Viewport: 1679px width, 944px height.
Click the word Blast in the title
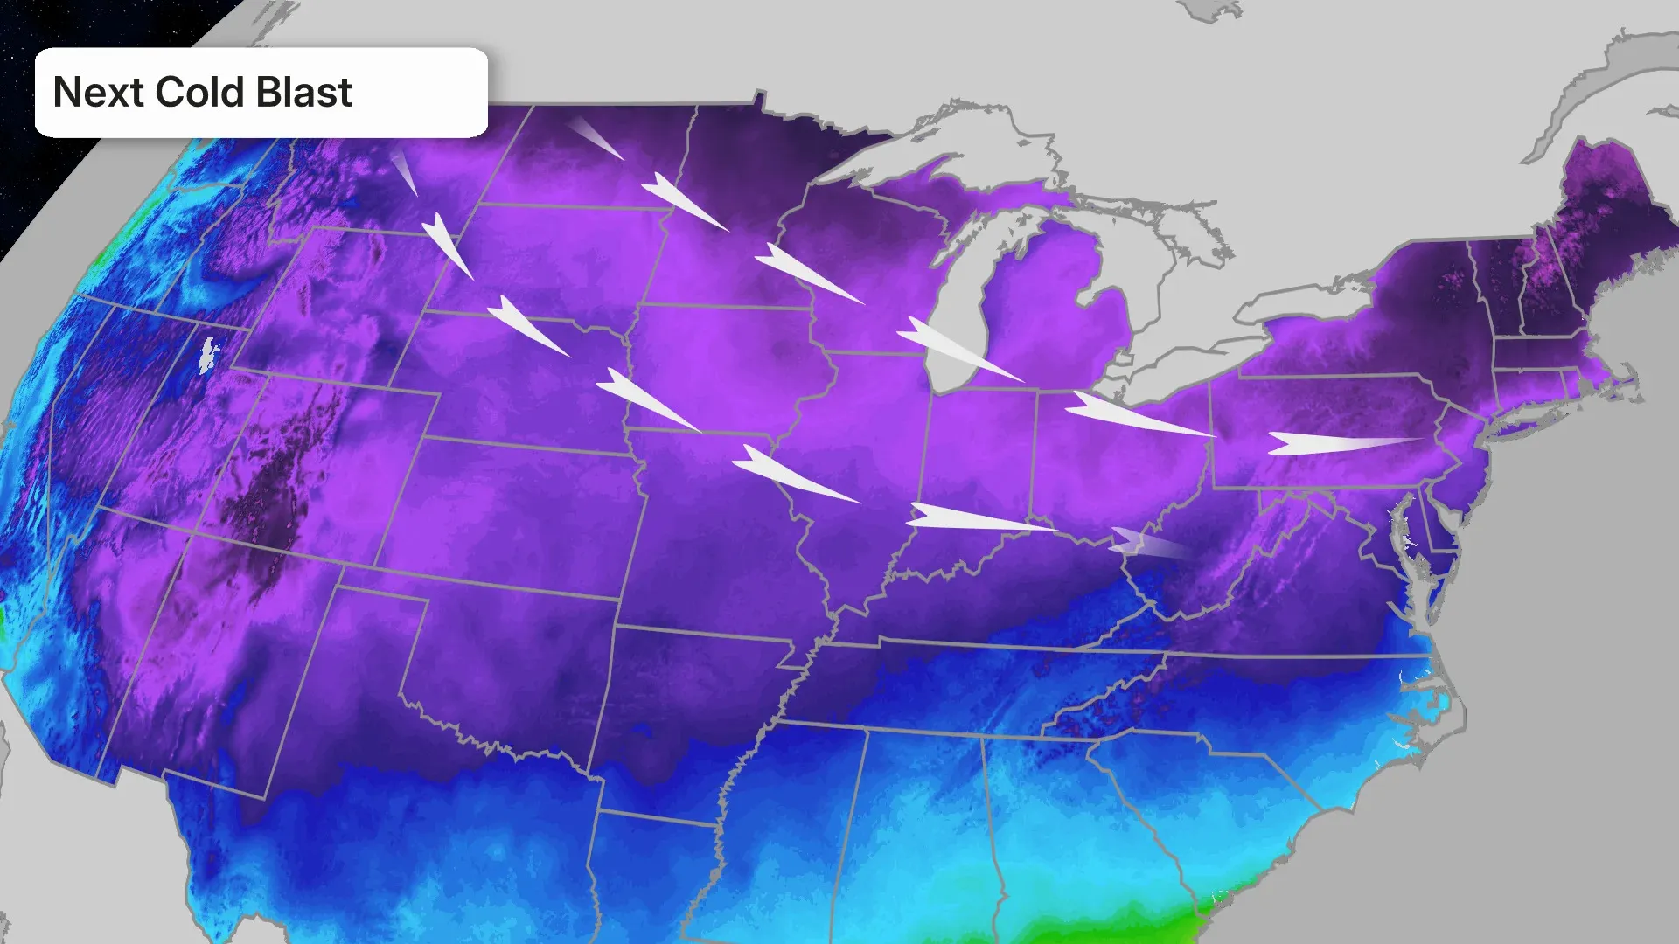tap(304, 93)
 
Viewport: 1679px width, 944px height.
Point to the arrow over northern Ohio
tap(1132, 414)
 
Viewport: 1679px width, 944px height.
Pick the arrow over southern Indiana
tap(971, 518)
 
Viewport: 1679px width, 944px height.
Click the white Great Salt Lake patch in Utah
tap(208, 355)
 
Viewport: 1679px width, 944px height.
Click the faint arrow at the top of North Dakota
tap(595, 138)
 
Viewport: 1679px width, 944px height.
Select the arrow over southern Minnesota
tap(805, 273)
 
